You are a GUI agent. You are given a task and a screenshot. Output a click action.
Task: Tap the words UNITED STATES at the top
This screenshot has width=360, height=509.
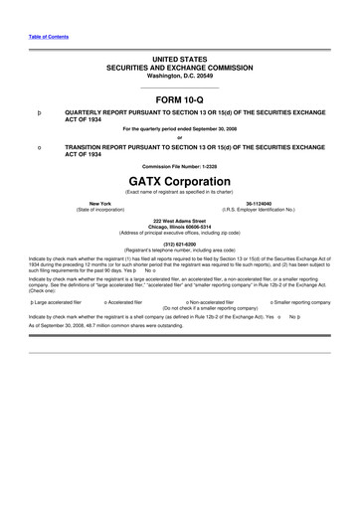pos(179,61)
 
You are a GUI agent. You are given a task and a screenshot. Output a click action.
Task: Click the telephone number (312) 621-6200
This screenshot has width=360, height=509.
pos(179,243)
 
